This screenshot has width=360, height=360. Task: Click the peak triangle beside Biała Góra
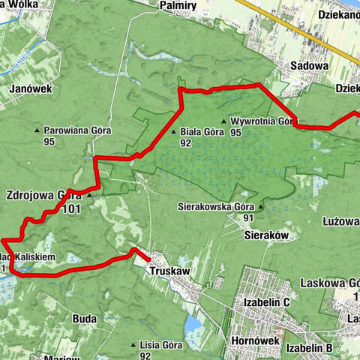(x=174, y=131)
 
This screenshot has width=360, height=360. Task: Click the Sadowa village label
(x=310, y=65)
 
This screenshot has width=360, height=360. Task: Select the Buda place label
(x=85, y=318)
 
